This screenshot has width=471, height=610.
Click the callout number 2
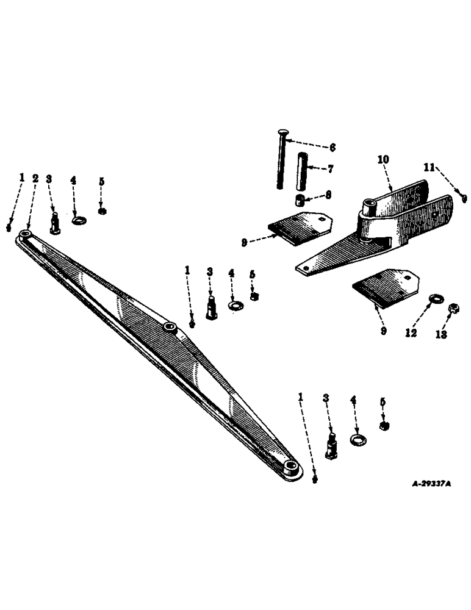click(35, 179)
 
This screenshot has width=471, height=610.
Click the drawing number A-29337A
click(431, 484)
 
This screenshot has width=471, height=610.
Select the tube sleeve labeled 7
click(302, 173)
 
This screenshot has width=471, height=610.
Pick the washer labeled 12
click(435, 299)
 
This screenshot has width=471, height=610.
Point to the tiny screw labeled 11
click(464, 198)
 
